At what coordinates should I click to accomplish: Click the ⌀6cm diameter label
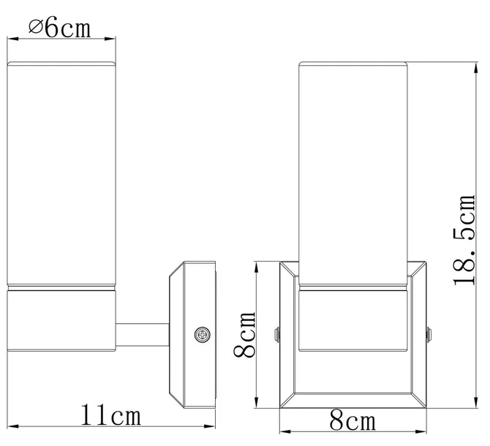point(60,29)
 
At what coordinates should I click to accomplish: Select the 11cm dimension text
point(111,415)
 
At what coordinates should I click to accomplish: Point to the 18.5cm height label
point(464,240)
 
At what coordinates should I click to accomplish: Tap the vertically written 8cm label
point(245,334)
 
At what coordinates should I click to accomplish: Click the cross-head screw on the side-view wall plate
point(202,335)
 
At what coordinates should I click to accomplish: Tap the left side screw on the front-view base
point(276,335)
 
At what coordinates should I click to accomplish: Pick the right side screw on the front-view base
point(429,335)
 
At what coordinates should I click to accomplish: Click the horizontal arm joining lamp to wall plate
point(143,335)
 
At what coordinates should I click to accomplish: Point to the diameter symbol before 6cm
point(36,27)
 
